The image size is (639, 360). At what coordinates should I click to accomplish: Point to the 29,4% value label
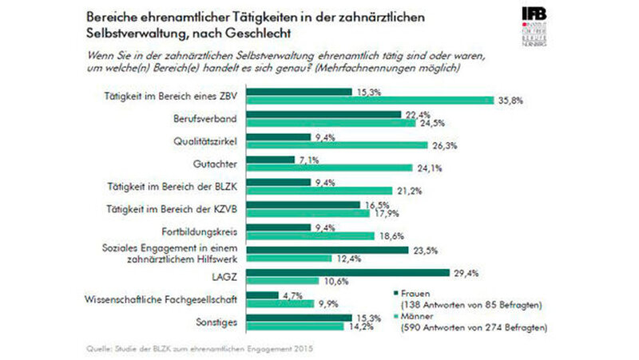click(465, 272)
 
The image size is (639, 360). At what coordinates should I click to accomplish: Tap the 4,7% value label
click(292, 295)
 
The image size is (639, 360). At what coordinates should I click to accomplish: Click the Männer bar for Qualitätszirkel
click(347, 146)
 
